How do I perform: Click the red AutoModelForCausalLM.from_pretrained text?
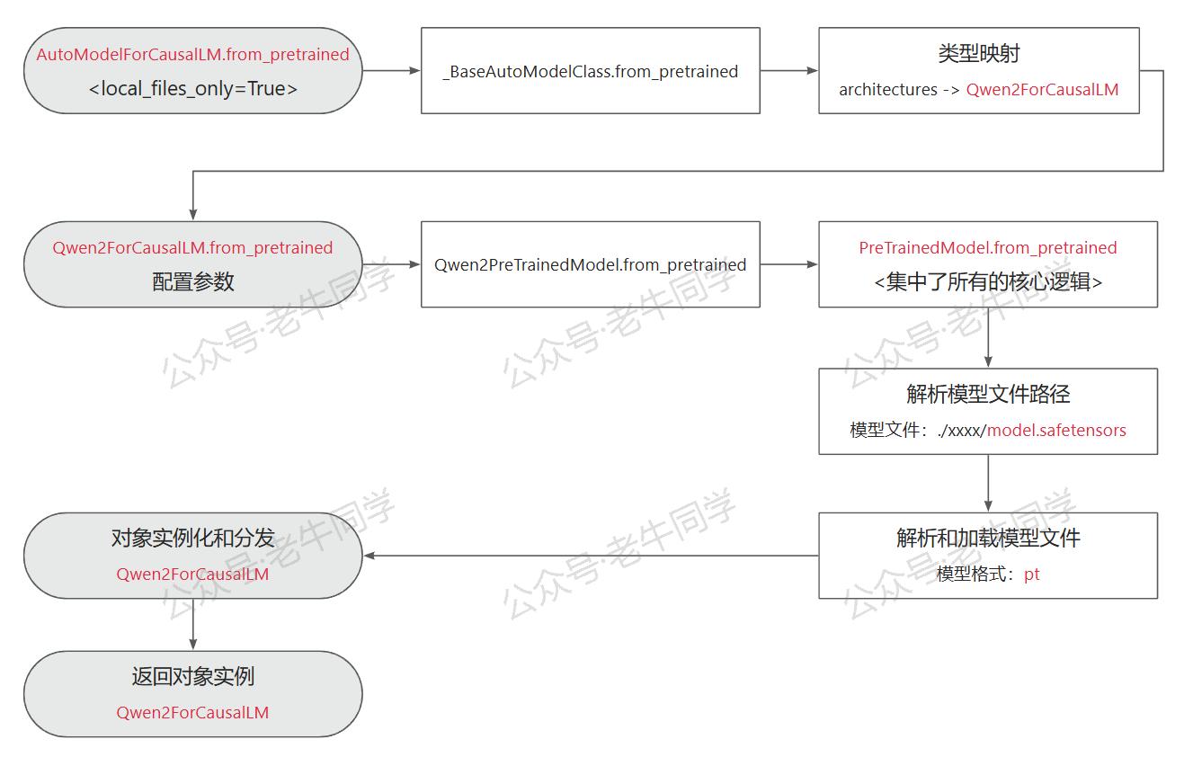tap(192, 54)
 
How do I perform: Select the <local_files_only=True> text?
tap(192, 88)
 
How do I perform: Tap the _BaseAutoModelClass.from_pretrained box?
tap(590, 70)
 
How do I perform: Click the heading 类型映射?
tap(978, 53)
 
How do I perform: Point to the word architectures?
tap(888, 90)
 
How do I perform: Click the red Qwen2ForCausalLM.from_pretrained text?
tap(192, 248)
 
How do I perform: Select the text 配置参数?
tap(192, 281)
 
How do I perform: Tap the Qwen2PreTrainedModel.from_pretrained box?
tap(590, 264)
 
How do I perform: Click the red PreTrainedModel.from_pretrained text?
tap(988, 248)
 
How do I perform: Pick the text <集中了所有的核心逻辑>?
tap(988, 281)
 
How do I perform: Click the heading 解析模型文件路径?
tap(988, 394)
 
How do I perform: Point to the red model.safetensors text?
tap(1056, 430)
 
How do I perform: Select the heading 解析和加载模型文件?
tap(988, 538)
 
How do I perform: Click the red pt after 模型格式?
tap(1031, 574)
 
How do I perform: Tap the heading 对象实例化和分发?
tap(192, 538)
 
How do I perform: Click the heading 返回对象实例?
tap(192, 676)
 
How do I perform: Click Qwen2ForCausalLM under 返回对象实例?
tap(192, 712)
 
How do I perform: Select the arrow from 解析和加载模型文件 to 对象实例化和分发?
tap(591, 556)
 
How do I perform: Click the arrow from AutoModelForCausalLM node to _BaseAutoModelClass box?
tap(391, 70)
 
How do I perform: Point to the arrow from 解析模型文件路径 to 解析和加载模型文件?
tap(988, 483)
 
